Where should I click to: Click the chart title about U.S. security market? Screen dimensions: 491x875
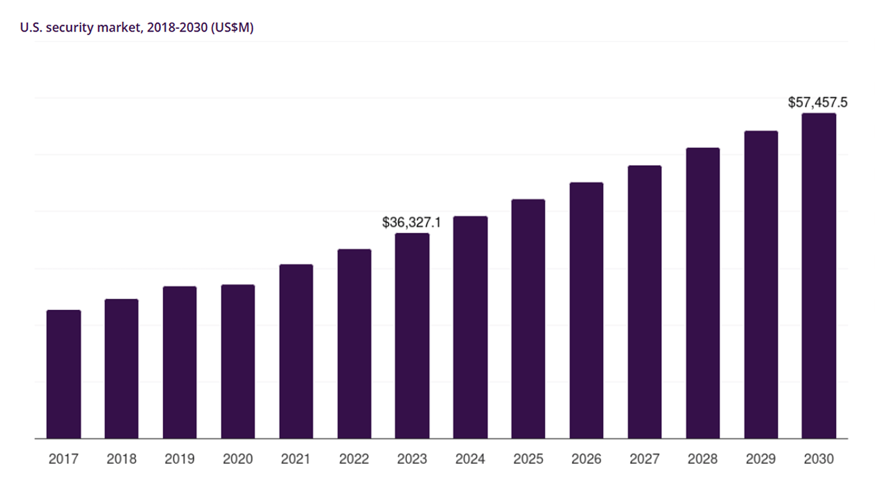[136, 27]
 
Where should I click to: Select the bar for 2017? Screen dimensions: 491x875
[63, 374]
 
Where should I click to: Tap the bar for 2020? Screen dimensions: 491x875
[238, 362]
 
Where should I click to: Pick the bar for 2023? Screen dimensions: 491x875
[412, 336]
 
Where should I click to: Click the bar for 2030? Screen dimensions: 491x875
[818, 276]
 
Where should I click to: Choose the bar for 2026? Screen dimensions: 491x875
[586, 311]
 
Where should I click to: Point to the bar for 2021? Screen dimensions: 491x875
[296, 352]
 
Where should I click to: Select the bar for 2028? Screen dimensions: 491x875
[703, 293]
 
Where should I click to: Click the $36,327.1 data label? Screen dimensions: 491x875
[411, 222]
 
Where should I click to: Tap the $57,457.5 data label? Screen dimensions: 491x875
[817, 103]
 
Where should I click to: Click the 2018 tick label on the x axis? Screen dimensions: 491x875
[121, 459]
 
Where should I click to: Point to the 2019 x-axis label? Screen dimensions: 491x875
[180, 459]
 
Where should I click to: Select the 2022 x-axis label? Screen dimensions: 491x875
[354, 459]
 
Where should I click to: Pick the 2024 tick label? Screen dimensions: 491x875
[470, 459]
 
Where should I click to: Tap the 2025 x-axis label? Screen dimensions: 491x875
[528, 459]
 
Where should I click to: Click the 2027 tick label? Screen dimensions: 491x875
[644, 459]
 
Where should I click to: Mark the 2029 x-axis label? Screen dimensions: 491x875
[761, 459]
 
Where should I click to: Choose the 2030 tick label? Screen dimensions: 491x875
[818, 459]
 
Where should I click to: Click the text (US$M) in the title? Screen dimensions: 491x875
[232, 27]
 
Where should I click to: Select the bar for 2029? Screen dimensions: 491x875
[761, 285]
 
